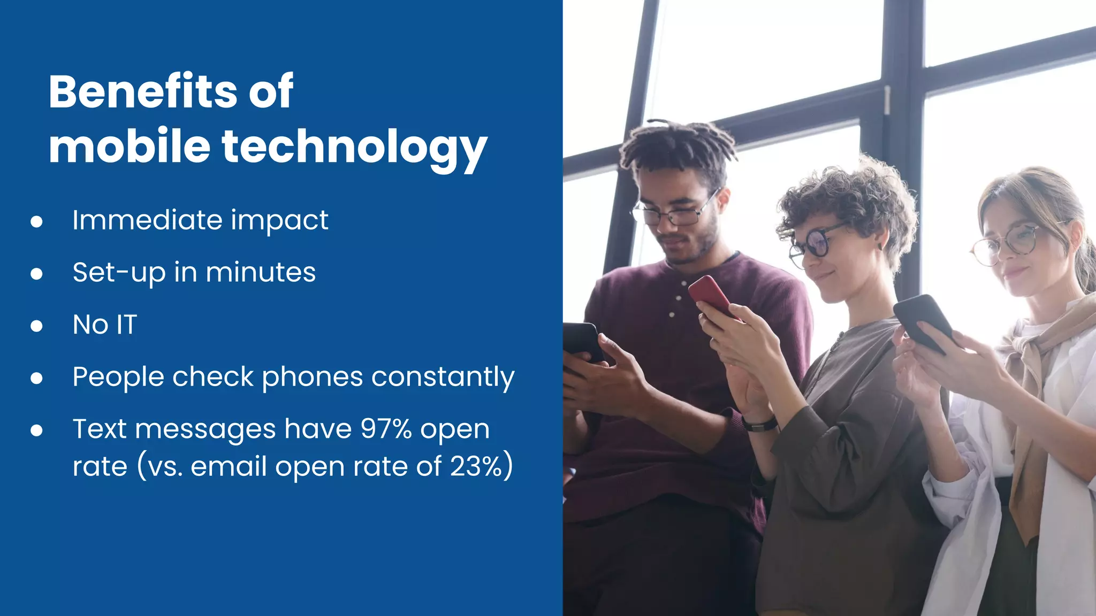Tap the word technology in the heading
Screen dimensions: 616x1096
tap(354, 147)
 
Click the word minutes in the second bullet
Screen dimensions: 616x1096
tap(261, 272)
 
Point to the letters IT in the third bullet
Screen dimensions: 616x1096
tap(127, 325)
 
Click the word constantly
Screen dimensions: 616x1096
tap(443, 377)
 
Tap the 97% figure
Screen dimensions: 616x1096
tap(386, 429)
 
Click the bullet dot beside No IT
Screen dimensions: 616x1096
tap(36, 326)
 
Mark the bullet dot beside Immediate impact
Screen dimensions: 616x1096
tap(36, 221)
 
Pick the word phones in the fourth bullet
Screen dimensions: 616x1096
tap(313, 377)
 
